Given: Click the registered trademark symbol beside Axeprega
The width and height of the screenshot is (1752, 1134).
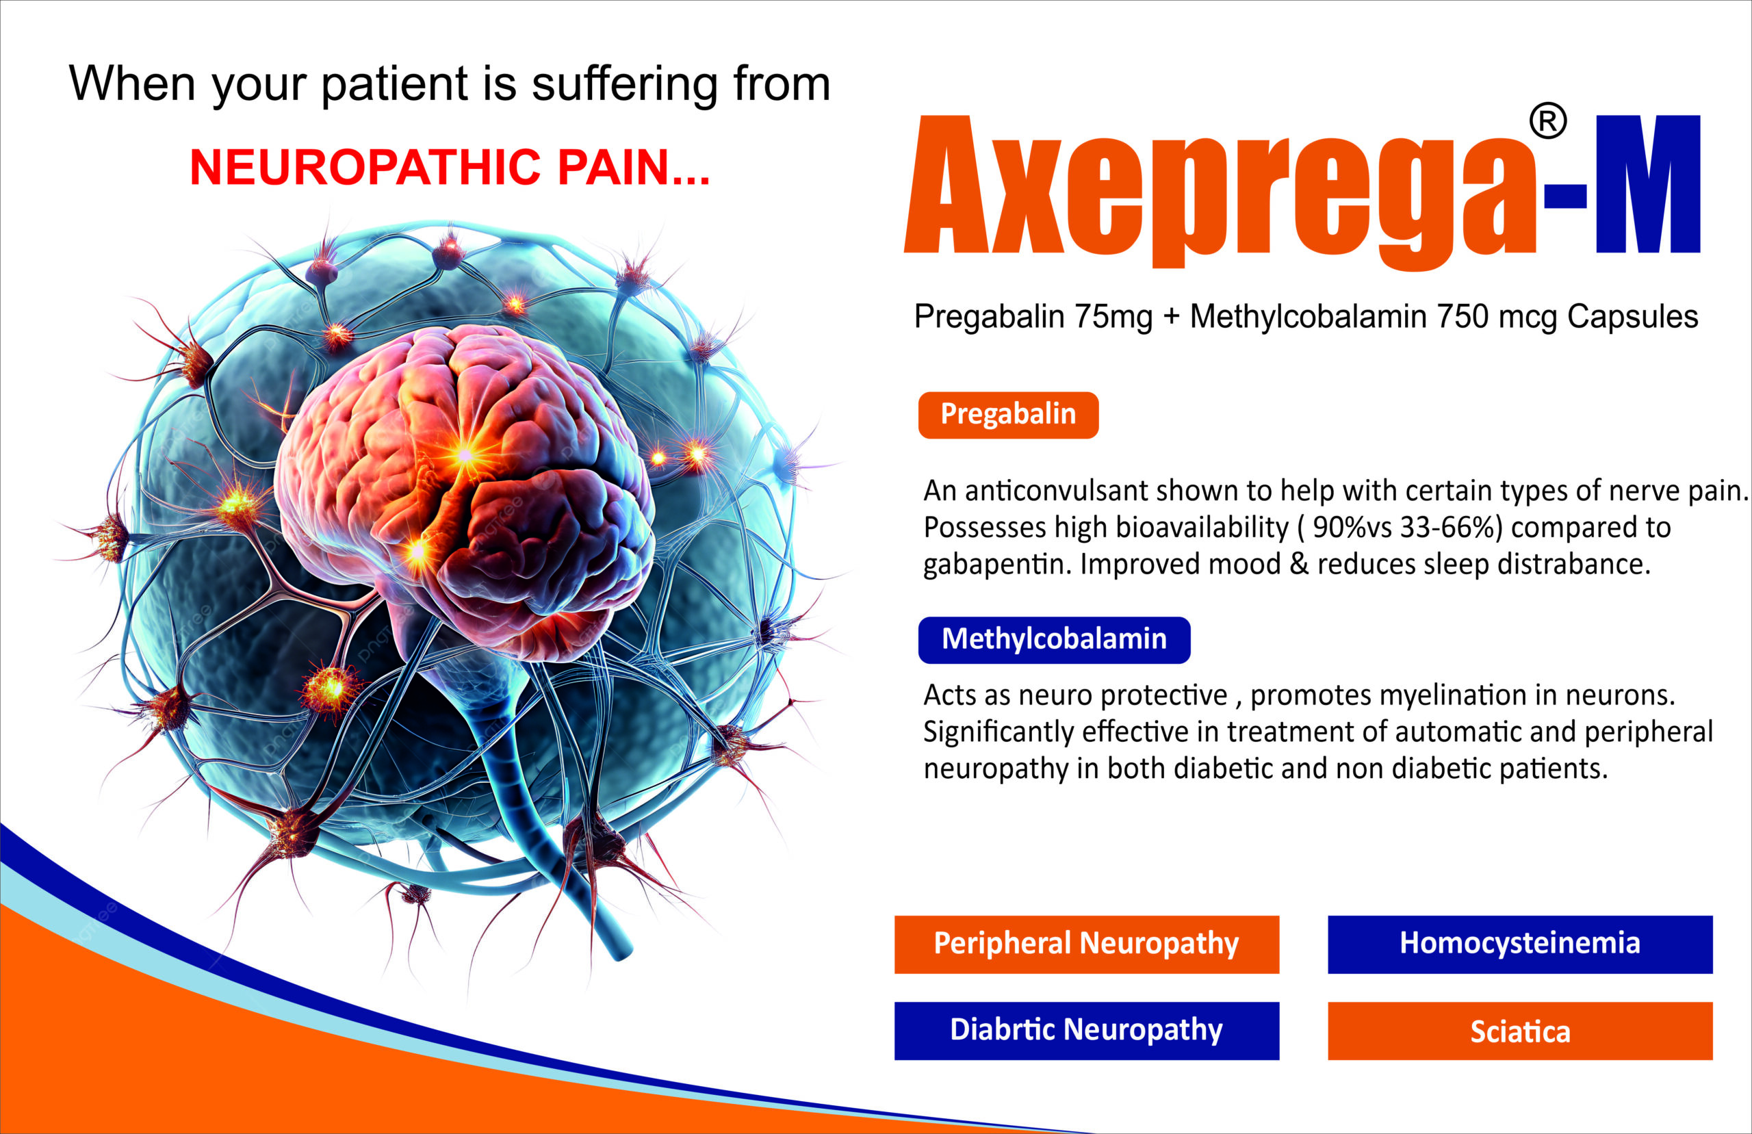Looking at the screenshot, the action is (1548, 122).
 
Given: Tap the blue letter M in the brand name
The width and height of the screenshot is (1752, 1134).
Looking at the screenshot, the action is (1647, 184).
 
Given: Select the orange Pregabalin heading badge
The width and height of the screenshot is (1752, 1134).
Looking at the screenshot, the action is (1008, 415).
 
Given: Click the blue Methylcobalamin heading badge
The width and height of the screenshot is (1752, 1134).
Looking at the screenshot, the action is (1054, 640).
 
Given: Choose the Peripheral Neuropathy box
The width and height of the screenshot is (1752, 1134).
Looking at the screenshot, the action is (1087, 944).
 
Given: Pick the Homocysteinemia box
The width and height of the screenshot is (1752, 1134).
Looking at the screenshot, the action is (1520, 944).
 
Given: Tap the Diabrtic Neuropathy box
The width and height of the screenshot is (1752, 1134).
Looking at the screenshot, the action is (1087, 1030).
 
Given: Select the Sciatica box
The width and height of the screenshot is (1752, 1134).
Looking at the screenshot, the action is (1520, 1030).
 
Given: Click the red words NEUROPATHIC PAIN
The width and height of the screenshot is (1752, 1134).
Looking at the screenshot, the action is (449, 167).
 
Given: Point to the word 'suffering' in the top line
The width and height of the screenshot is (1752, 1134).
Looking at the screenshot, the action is (624, 85).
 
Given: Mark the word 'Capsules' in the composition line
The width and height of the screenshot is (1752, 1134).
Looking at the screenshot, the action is (1632, 318).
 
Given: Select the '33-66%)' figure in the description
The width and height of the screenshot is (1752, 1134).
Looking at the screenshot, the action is (1450, 527).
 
